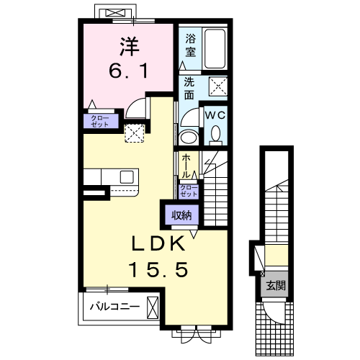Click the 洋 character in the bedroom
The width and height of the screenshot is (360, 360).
(130, 47)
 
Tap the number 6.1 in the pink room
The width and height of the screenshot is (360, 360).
(128, 71)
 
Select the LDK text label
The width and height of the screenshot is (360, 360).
(158, 243)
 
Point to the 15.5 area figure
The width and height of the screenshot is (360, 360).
(158, 269)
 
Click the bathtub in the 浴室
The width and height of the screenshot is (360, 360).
(215, 49)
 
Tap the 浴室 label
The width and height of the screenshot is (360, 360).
(191, 45)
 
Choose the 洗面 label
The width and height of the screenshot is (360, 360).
(189, 89)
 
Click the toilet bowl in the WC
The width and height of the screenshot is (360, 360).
(215, 134)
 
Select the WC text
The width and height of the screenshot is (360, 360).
(215, 115)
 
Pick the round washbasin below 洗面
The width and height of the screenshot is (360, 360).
(189, 138)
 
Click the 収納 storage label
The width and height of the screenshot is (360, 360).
(181, 215)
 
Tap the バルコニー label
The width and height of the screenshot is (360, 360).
(114, 307)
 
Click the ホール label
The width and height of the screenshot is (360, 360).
(186, 166)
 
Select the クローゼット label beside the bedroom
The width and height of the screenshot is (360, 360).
(100, 121)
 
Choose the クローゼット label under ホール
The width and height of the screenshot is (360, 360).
(189, 191)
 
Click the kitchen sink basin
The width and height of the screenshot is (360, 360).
(127, 177)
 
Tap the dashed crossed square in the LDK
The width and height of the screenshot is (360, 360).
(135, 133)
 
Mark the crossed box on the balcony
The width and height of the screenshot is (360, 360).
(153, 307)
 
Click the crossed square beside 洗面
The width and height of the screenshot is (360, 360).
(218, 86)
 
